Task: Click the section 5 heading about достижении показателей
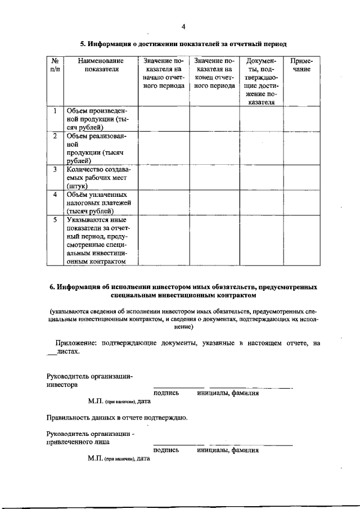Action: click(x=183, y=43)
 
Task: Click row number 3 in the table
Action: click(x=55, y=169)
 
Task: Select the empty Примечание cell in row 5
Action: click(x=301, y=240)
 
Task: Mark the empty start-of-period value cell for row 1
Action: click(x=163, y=119)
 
